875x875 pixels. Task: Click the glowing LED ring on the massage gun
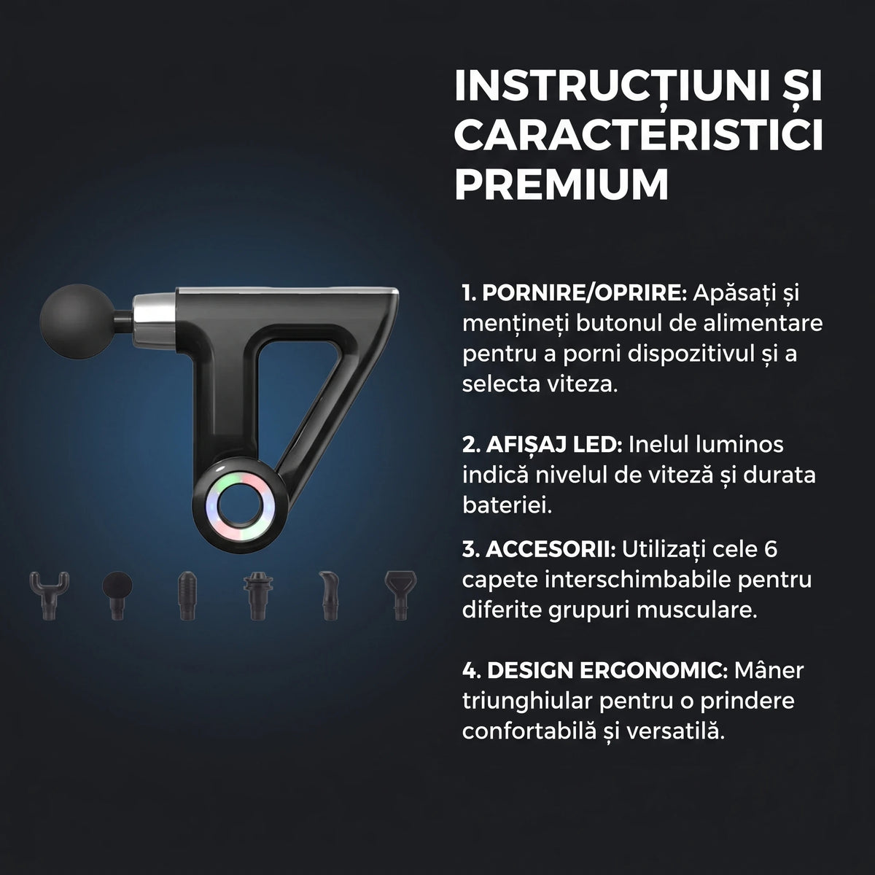tap(240, 507)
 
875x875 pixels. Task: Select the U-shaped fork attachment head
tap(49, 595)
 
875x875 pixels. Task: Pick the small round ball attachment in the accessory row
tap(117, 595)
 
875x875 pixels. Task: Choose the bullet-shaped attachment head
tap(187, 595)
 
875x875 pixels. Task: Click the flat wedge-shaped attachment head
tap(400, 595)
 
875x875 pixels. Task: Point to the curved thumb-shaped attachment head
tap(329, 595)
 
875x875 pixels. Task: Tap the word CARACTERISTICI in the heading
tap(639, 134)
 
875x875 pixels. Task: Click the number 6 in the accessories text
tap(771, 550)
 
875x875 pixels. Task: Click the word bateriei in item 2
tap(507, 505)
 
